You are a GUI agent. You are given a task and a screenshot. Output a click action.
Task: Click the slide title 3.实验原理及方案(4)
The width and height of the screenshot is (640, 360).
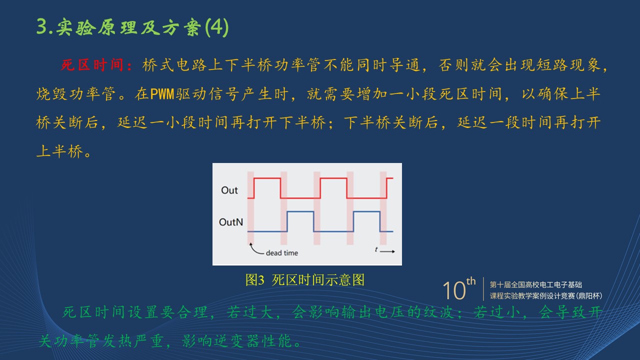[x=132, y=27]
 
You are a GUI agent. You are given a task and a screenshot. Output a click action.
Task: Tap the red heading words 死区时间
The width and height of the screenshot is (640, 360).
[x=92, y=65]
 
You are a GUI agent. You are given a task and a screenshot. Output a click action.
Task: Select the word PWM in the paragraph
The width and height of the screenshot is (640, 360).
[x=162, y=93]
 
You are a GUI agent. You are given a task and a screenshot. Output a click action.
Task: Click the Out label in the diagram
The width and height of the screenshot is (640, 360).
[x=229, y=190]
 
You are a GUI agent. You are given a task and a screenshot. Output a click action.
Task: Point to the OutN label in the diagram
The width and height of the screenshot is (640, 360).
[x=231, y=222]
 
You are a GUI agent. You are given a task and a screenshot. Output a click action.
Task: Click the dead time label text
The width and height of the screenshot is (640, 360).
[x=281, y=253]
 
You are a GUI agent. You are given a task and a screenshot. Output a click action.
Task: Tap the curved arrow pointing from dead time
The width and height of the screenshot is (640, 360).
[x=255, y=249]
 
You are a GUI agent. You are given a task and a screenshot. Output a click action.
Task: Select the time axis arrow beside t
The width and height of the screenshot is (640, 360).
[x=387, y=251]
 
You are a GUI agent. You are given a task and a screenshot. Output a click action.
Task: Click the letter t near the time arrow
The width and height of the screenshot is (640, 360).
[x=376, y=249]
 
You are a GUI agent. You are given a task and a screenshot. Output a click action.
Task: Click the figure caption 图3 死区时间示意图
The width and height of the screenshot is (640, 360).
[x=305, y=279]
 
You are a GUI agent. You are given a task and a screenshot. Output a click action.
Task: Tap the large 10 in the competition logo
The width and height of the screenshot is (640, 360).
[x=454, y=290]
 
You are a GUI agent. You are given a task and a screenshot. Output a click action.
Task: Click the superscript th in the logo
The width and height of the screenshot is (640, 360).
[x=471, y=281]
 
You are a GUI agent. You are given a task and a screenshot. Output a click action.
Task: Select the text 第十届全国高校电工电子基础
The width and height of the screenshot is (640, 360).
[x=535, y=284]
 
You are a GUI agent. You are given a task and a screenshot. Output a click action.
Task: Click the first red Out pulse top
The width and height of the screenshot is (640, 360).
[x=267, y=178]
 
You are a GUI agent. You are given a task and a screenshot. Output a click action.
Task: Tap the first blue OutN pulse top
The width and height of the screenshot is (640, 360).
[x=300, y=211]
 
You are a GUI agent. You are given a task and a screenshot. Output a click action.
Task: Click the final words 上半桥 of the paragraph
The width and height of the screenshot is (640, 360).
[x=59, y=151]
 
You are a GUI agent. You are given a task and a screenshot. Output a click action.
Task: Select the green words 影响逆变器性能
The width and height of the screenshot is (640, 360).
[x=236, y=341]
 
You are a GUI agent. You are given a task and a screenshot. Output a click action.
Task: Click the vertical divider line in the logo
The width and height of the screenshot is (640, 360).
[x=483, y=289]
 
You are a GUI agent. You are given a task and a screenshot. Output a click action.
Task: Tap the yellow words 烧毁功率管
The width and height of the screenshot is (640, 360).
[x=75, y=93]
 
